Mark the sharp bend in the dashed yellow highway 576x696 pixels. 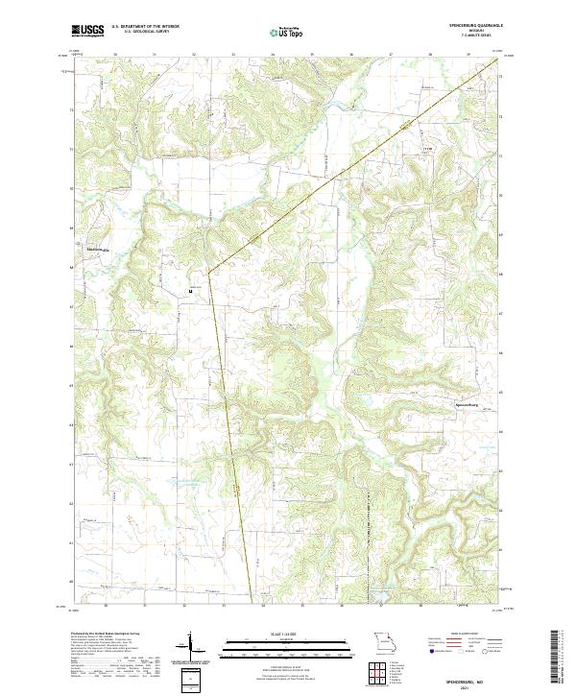208,274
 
